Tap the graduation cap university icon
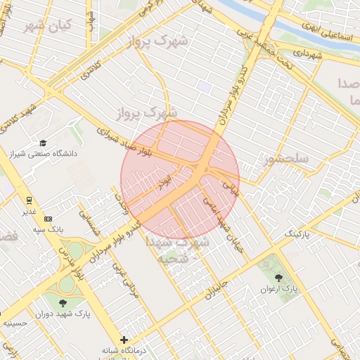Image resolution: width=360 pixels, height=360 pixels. coord(43,142)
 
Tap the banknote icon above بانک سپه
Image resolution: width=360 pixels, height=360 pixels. coord(48,219)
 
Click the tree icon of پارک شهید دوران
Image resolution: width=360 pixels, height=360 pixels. coord(64,302)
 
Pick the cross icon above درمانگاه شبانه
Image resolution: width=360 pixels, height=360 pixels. coord(124,340)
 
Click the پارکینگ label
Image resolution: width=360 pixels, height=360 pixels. coord(295,231)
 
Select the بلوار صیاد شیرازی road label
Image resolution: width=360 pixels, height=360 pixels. coord(129,141)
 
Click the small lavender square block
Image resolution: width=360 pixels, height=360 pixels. coord(204,86)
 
